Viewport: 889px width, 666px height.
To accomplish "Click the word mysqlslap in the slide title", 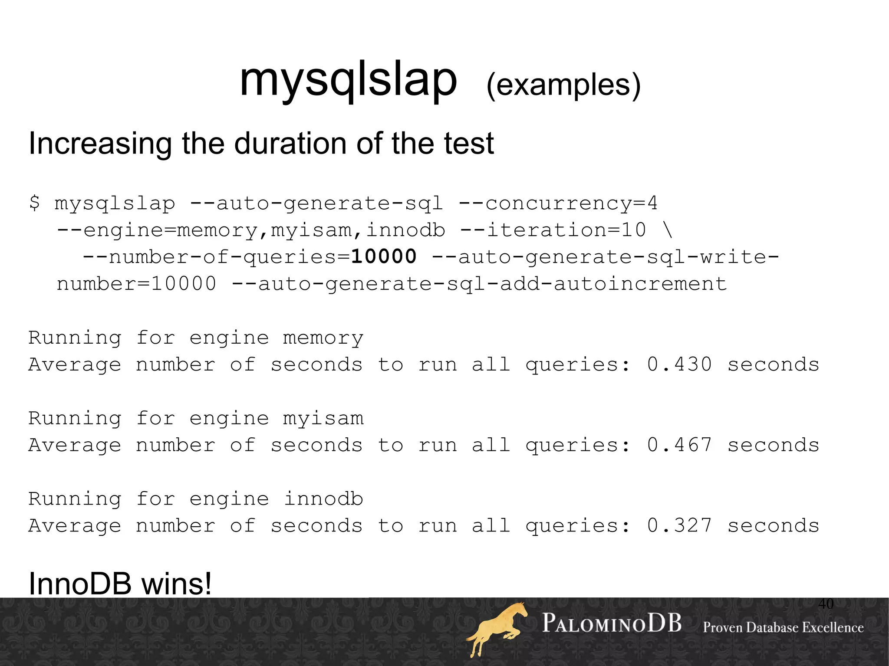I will [348, 80].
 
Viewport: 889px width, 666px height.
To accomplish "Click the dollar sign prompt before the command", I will [34, 203].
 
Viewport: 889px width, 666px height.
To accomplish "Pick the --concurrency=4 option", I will [558, 203].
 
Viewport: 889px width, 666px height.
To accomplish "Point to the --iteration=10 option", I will [553, 230].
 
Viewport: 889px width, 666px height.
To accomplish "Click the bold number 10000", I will [384, 256].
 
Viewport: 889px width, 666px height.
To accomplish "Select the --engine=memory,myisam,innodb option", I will [251, 230].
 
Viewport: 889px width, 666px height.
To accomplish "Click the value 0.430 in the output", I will [679, 364].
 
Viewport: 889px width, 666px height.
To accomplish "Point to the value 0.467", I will [679, 445].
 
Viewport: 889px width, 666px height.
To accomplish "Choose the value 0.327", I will [679, 526].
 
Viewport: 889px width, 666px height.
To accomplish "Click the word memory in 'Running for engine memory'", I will [323, 338].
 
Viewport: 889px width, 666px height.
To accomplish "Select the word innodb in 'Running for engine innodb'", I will [323, 499].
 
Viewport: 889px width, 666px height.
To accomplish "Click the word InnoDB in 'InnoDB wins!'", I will [80, 584].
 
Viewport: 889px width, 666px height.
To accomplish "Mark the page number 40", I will [826, 604].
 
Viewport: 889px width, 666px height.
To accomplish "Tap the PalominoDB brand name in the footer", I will [612, 623].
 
